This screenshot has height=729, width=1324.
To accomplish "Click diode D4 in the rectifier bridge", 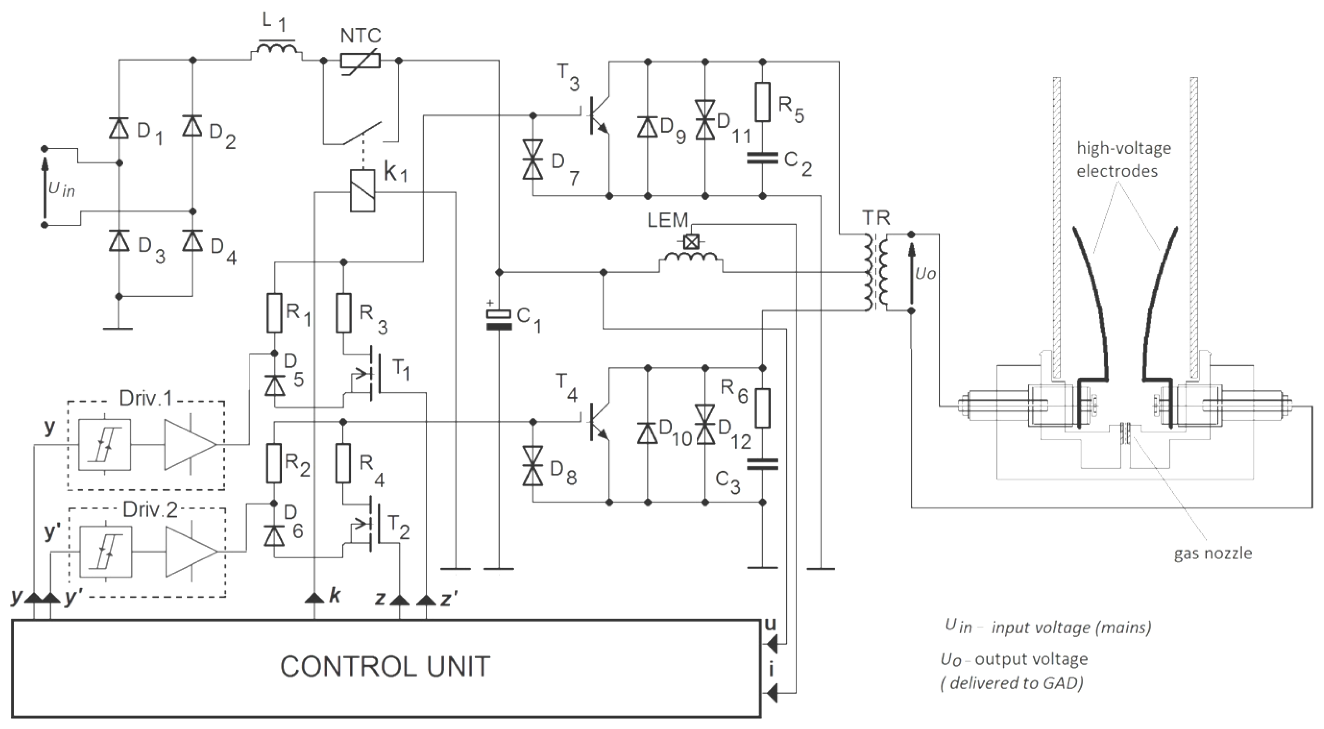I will (193, 240).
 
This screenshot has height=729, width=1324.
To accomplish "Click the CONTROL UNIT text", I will (385, 667).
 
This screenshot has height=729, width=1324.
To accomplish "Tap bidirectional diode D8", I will (533, 466).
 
